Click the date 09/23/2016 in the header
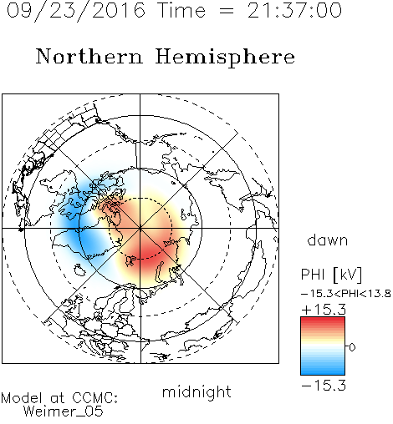pyautogui.click(x=76, y=11)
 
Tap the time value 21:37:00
pyautogui.click(x=294, y=10)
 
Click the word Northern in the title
pyautogui.click(x=89, y=56)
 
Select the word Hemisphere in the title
pyautogui.click(x=225, y=58)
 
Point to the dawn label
pyautogui.click(x=328, y=240)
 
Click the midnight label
pyautogui.click(x=196, y=391)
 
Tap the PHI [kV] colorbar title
pyautogui.click(x=331, y=275)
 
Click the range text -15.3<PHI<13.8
pyautogui.click(x=346, y=294)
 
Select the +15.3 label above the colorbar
pyautogui.click(x=324, y=310)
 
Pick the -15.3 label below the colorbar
pyautogui.click(x=324, y=386)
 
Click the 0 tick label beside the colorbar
pyautogui.click(x=352, y=347)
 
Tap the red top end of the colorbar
pyautogui.click(x=323, y=319)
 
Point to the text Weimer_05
pyautogui.click(x=64, y=411)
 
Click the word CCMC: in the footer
pyautogui.click(x=95, y=398)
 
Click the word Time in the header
pyautogui.click(x=181, y=10)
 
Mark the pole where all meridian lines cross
pyautogui.click(x=140, y=229)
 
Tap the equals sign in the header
pyautogui.click(x=226, y=12)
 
